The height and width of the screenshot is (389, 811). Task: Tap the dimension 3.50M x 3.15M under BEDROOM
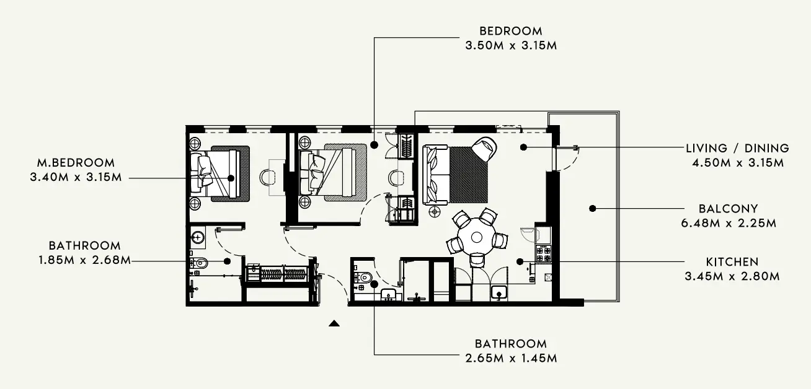click(x=510, y=46)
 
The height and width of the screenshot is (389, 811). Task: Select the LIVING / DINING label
click(x=737, y=149)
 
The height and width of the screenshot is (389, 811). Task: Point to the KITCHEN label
click(x=732, y=262)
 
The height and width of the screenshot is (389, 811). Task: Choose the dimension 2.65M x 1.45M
click(x=510, y=359)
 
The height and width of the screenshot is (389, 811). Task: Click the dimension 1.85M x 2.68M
click(x=84, y=261)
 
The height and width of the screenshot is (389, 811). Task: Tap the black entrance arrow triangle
click(x=334, y=323)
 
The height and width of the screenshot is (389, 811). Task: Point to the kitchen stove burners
click(x=543, y=253)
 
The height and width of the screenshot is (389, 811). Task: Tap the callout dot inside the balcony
click(x=593, y=209)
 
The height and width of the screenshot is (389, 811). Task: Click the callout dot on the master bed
click(x=231, y=178)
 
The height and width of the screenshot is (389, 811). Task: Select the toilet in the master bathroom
click(x=197, y=263)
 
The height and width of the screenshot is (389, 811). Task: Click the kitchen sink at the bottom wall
click(x=499, y=292)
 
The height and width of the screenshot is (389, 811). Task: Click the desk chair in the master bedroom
click(x=268, y=177)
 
